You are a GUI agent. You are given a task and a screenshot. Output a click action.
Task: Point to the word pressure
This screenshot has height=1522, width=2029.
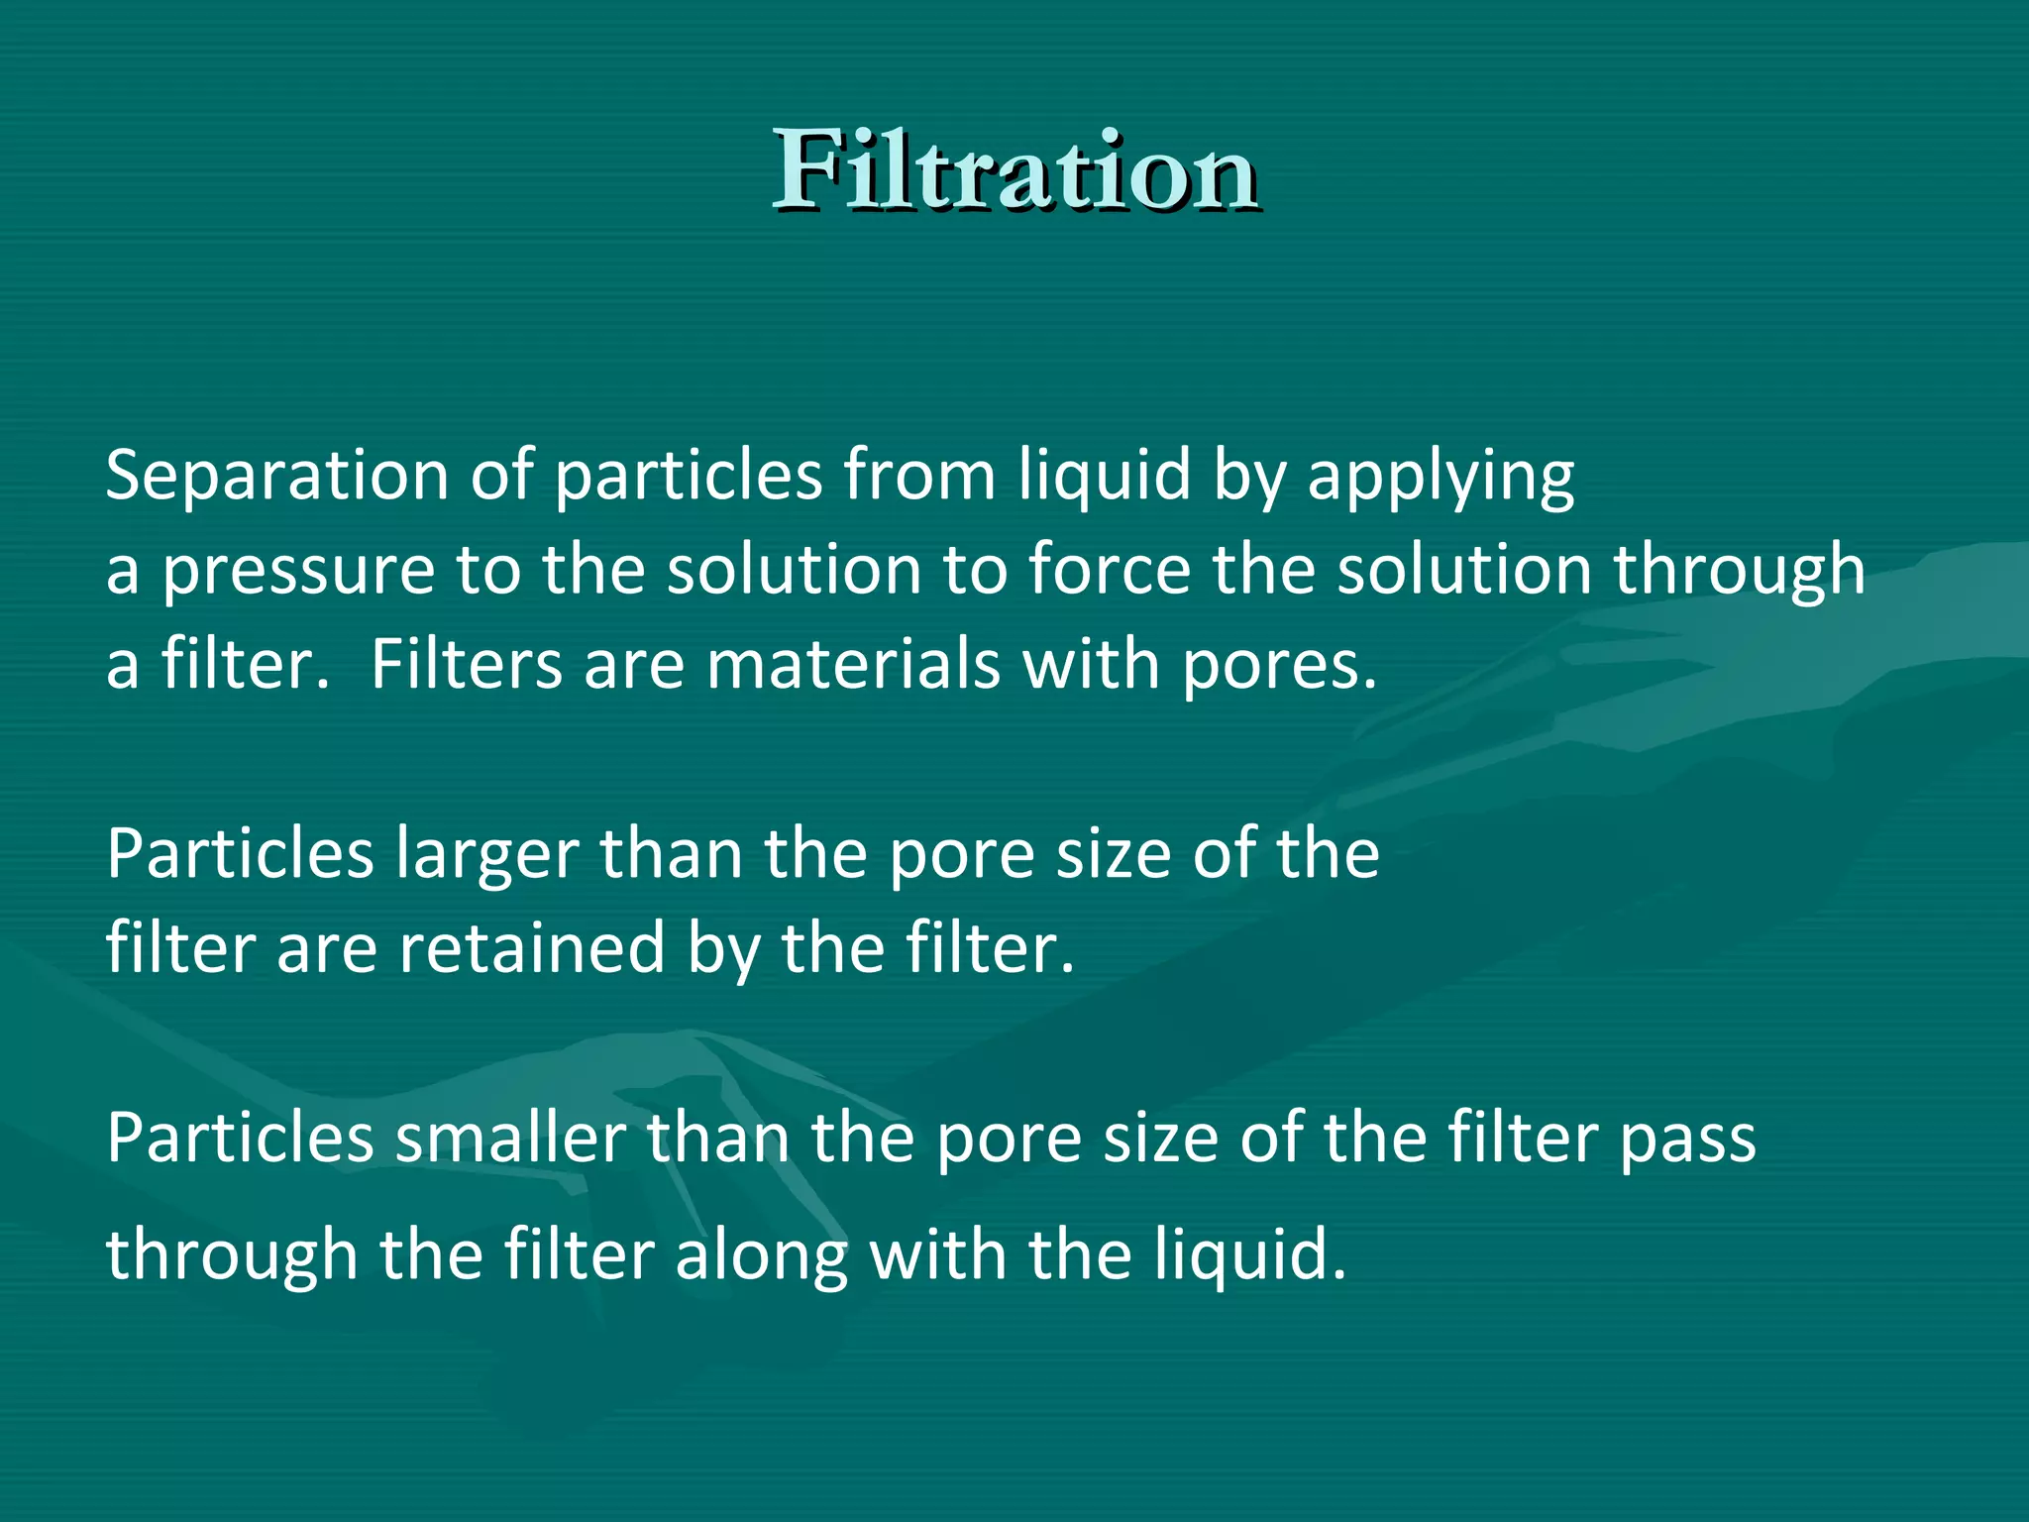point(297,572)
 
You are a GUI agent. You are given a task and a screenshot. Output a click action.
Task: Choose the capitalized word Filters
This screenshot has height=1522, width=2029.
point(466,664)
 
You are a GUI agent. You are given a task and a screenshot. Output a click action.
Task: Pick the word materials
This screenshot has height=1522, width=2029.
point(852,664)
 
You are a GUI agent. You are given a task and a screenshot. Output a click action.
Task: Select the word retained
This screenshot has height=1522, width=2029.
point(531,948)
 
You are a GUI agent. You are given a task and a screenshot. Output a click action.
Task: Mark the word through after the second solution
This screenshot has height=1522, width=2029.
point(1739,572)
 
